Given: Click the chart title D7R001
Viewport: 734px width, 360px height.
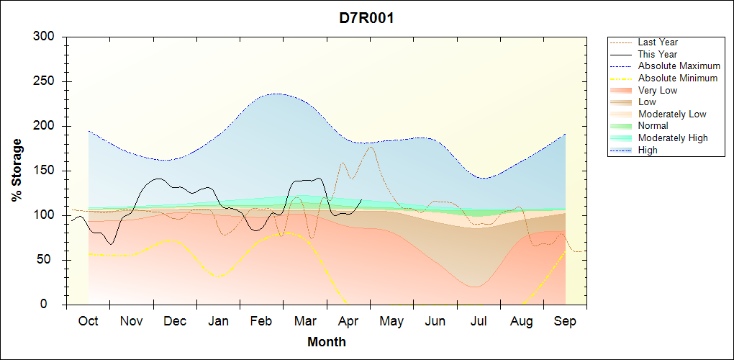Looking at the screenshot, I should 366,18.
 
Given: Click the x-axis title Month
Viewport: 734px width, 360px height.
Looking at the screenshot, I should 327,342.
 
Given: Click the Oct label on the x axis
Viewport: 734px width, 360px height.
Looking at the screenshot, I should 89,321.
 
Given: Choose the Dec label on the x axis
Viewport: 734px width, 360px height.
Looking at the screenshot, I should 175,321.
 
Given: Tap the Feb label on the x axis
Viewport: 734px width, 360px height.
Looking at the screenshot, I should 261,321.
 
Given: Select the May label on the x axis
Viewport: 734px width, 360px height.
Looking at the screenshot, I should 391,321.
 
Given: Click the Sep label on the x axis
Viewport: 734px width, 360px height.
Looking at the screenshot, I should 565,321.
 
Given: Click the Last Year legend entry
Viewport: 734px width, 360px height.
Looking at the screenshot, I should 658,42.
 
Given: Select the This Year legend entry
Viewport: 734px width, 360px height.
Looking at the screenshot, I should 658,54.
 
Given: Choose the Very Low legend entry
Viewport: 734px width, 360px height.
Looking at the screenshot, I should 658,90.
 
